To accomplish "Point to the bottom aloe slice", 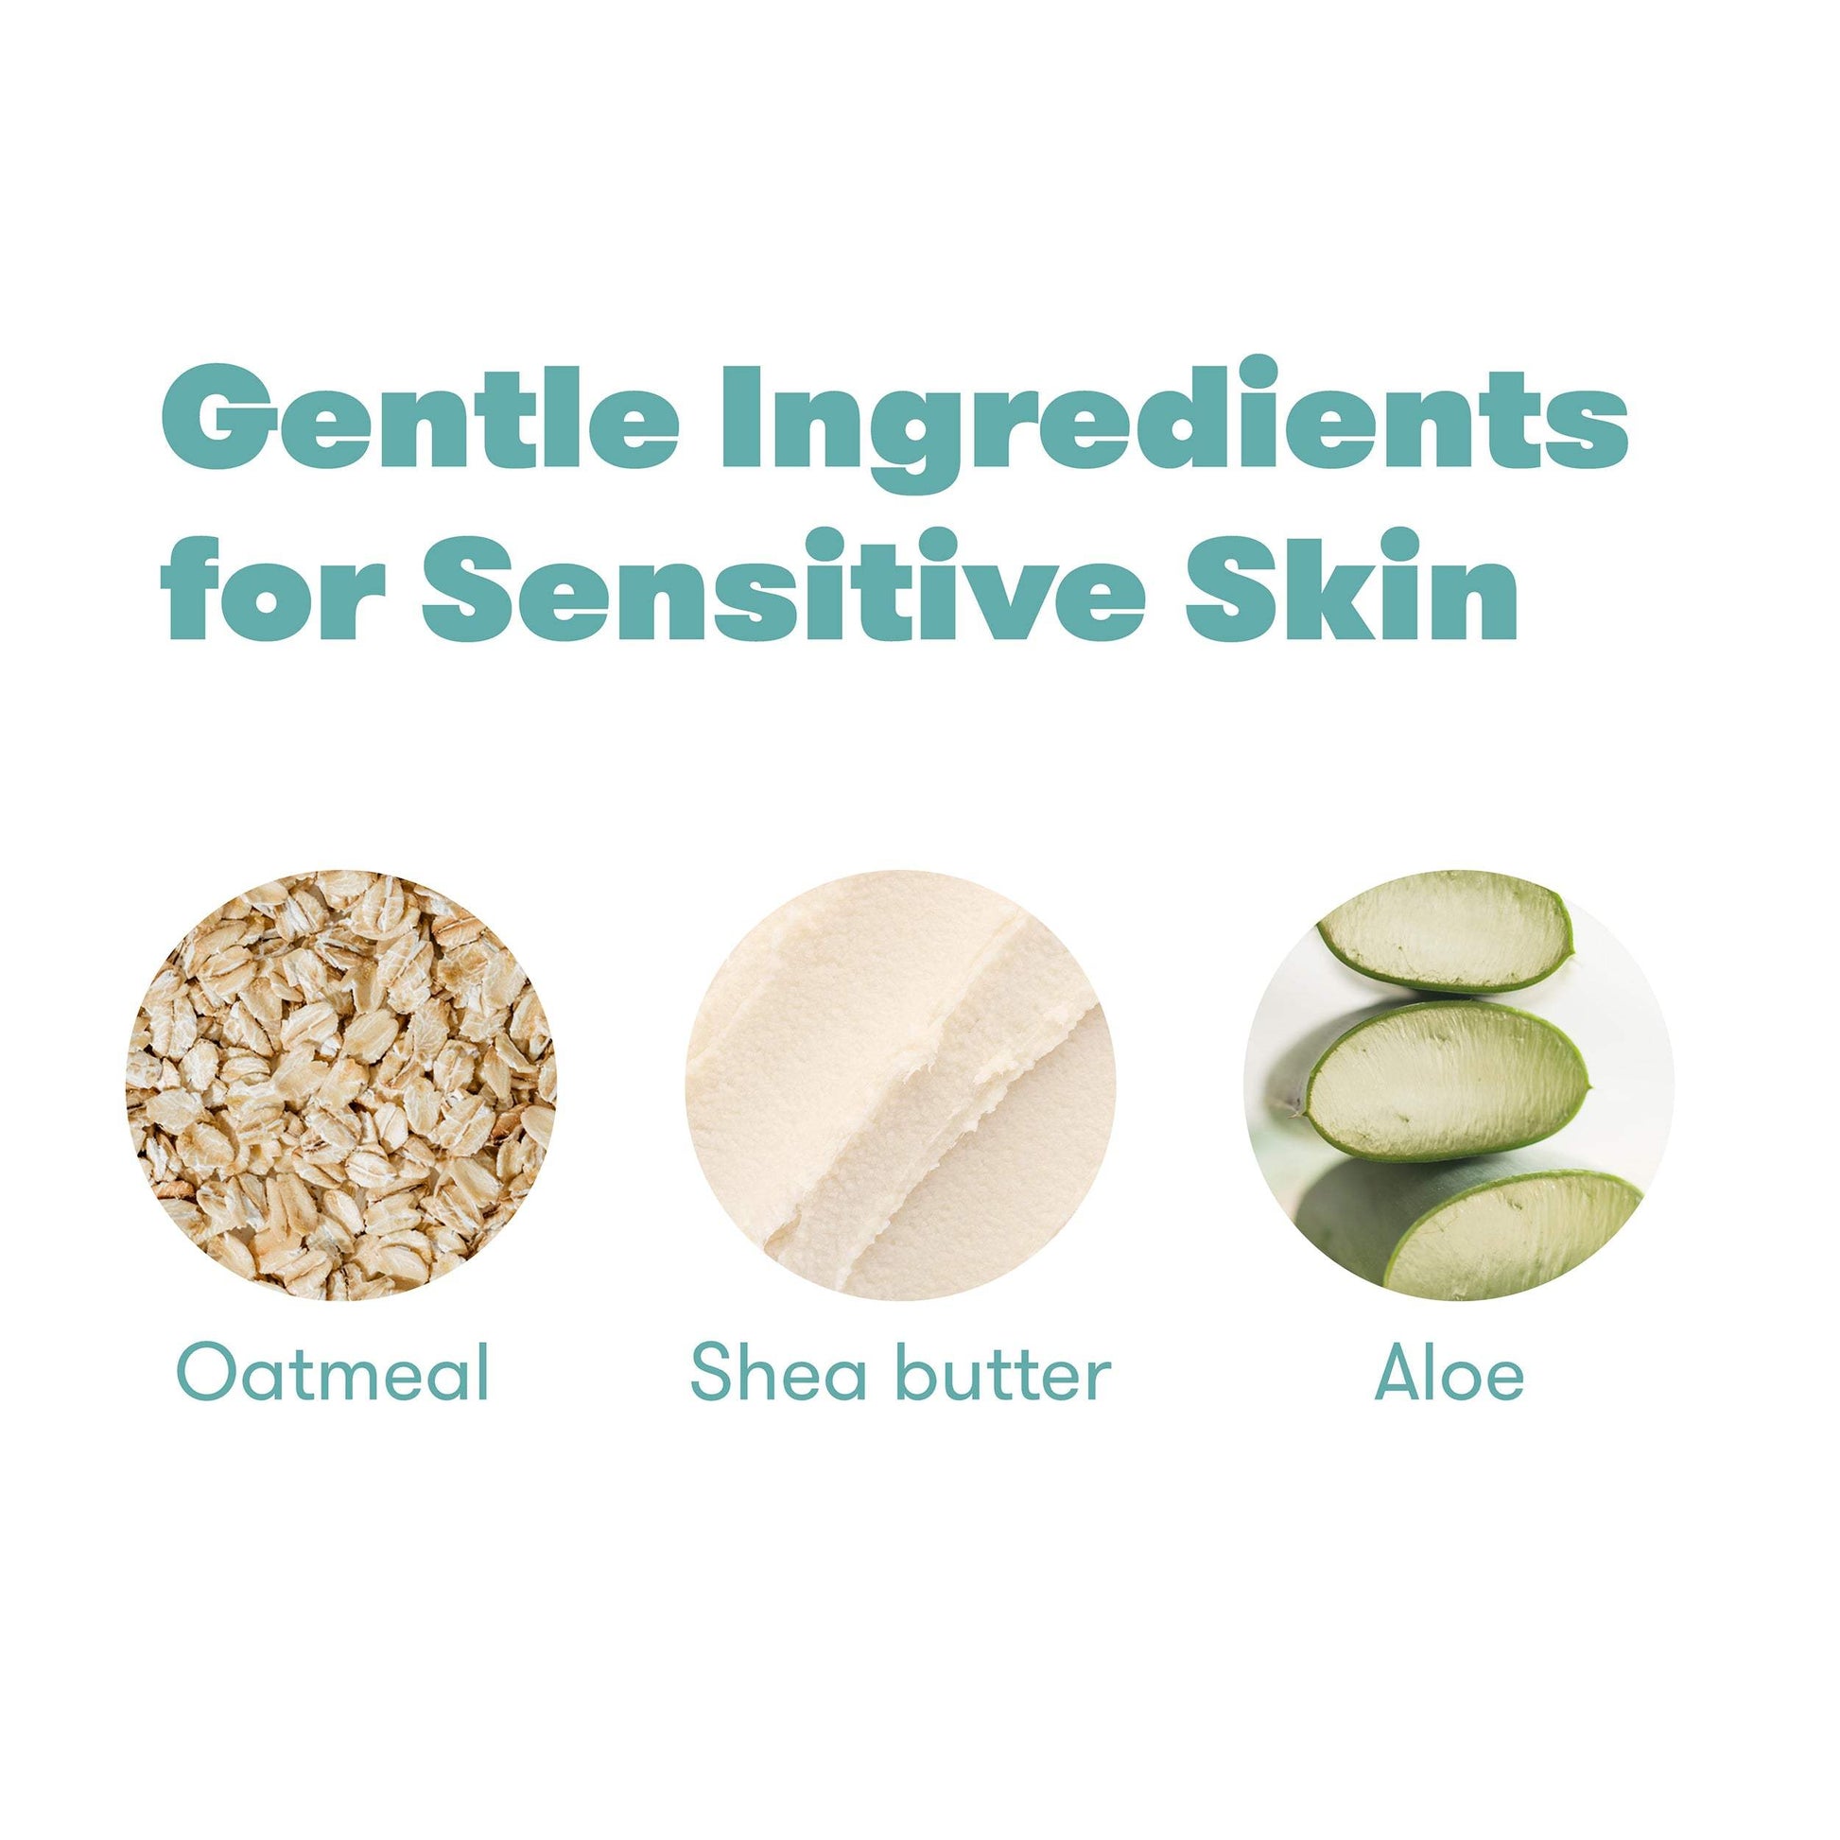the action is (x=1504, y=1233).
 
